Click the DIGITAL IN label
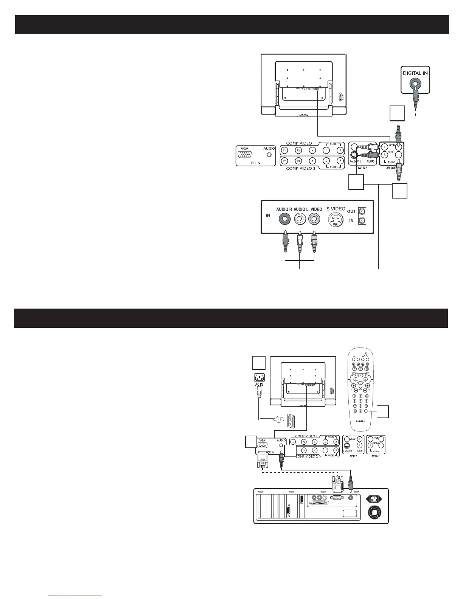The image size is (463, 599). [x=415, y=73]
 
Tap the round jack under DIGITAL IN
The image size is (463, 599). [x=415, y=84]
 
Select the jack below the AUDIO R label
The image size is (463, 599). [x=284, y=219]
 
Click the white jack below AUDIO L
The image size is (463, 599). [x=300, y=219]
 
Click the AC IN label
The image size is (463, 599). [x=259, y=385]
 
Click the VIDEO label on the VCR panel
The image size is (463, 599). [x=316, y=209]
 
